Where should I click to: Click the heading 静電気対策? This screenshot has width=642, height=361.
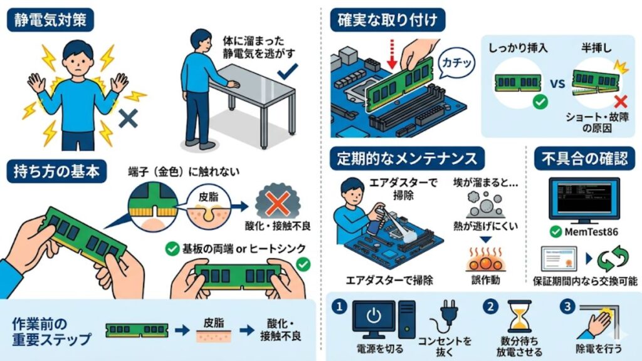click(50, 20)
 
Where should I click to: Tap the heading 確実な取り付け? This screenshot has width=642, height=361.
click(387, 20)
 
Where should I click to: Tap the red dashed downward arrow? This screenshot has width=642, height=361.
click(392, 53)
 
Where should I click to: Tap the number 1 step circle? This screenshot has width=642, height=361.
click(339, 306)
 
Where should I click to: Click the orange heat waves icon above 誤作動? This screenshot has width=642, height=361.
click(483, 260)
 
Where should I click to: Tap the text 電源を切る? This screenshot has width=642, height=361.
click(376, 348)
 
